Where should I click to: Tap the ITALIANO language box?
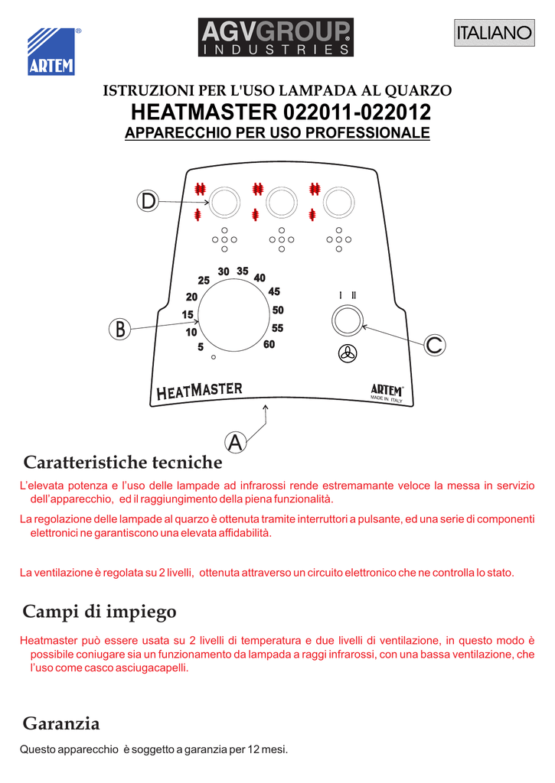[493, 33]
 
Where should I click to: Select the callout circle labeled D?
[146, 201]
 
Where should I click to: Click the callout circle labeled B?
[119, 330]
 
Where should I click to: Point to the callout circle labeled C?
[434, 346]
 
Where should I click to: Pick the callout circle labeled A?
[235, 441]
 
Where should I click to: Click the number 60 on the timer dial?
[269, 345]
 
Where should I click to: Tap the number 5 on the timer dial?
[201, 347]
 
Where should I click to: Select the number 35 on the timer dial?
[243, 271]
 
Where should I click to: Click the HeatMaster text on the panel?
[199, 391]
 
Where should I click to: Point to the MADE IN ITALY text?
[387, 399]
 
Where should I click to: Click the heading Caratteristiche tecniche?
[122, 463]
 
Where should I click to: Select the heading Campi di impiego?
[100, 612]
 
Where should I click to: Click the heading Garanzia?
[61, 723]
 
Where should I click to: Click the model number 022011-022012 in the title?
[357, 112]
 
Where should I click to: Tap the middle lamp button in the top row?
[281, 202]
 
